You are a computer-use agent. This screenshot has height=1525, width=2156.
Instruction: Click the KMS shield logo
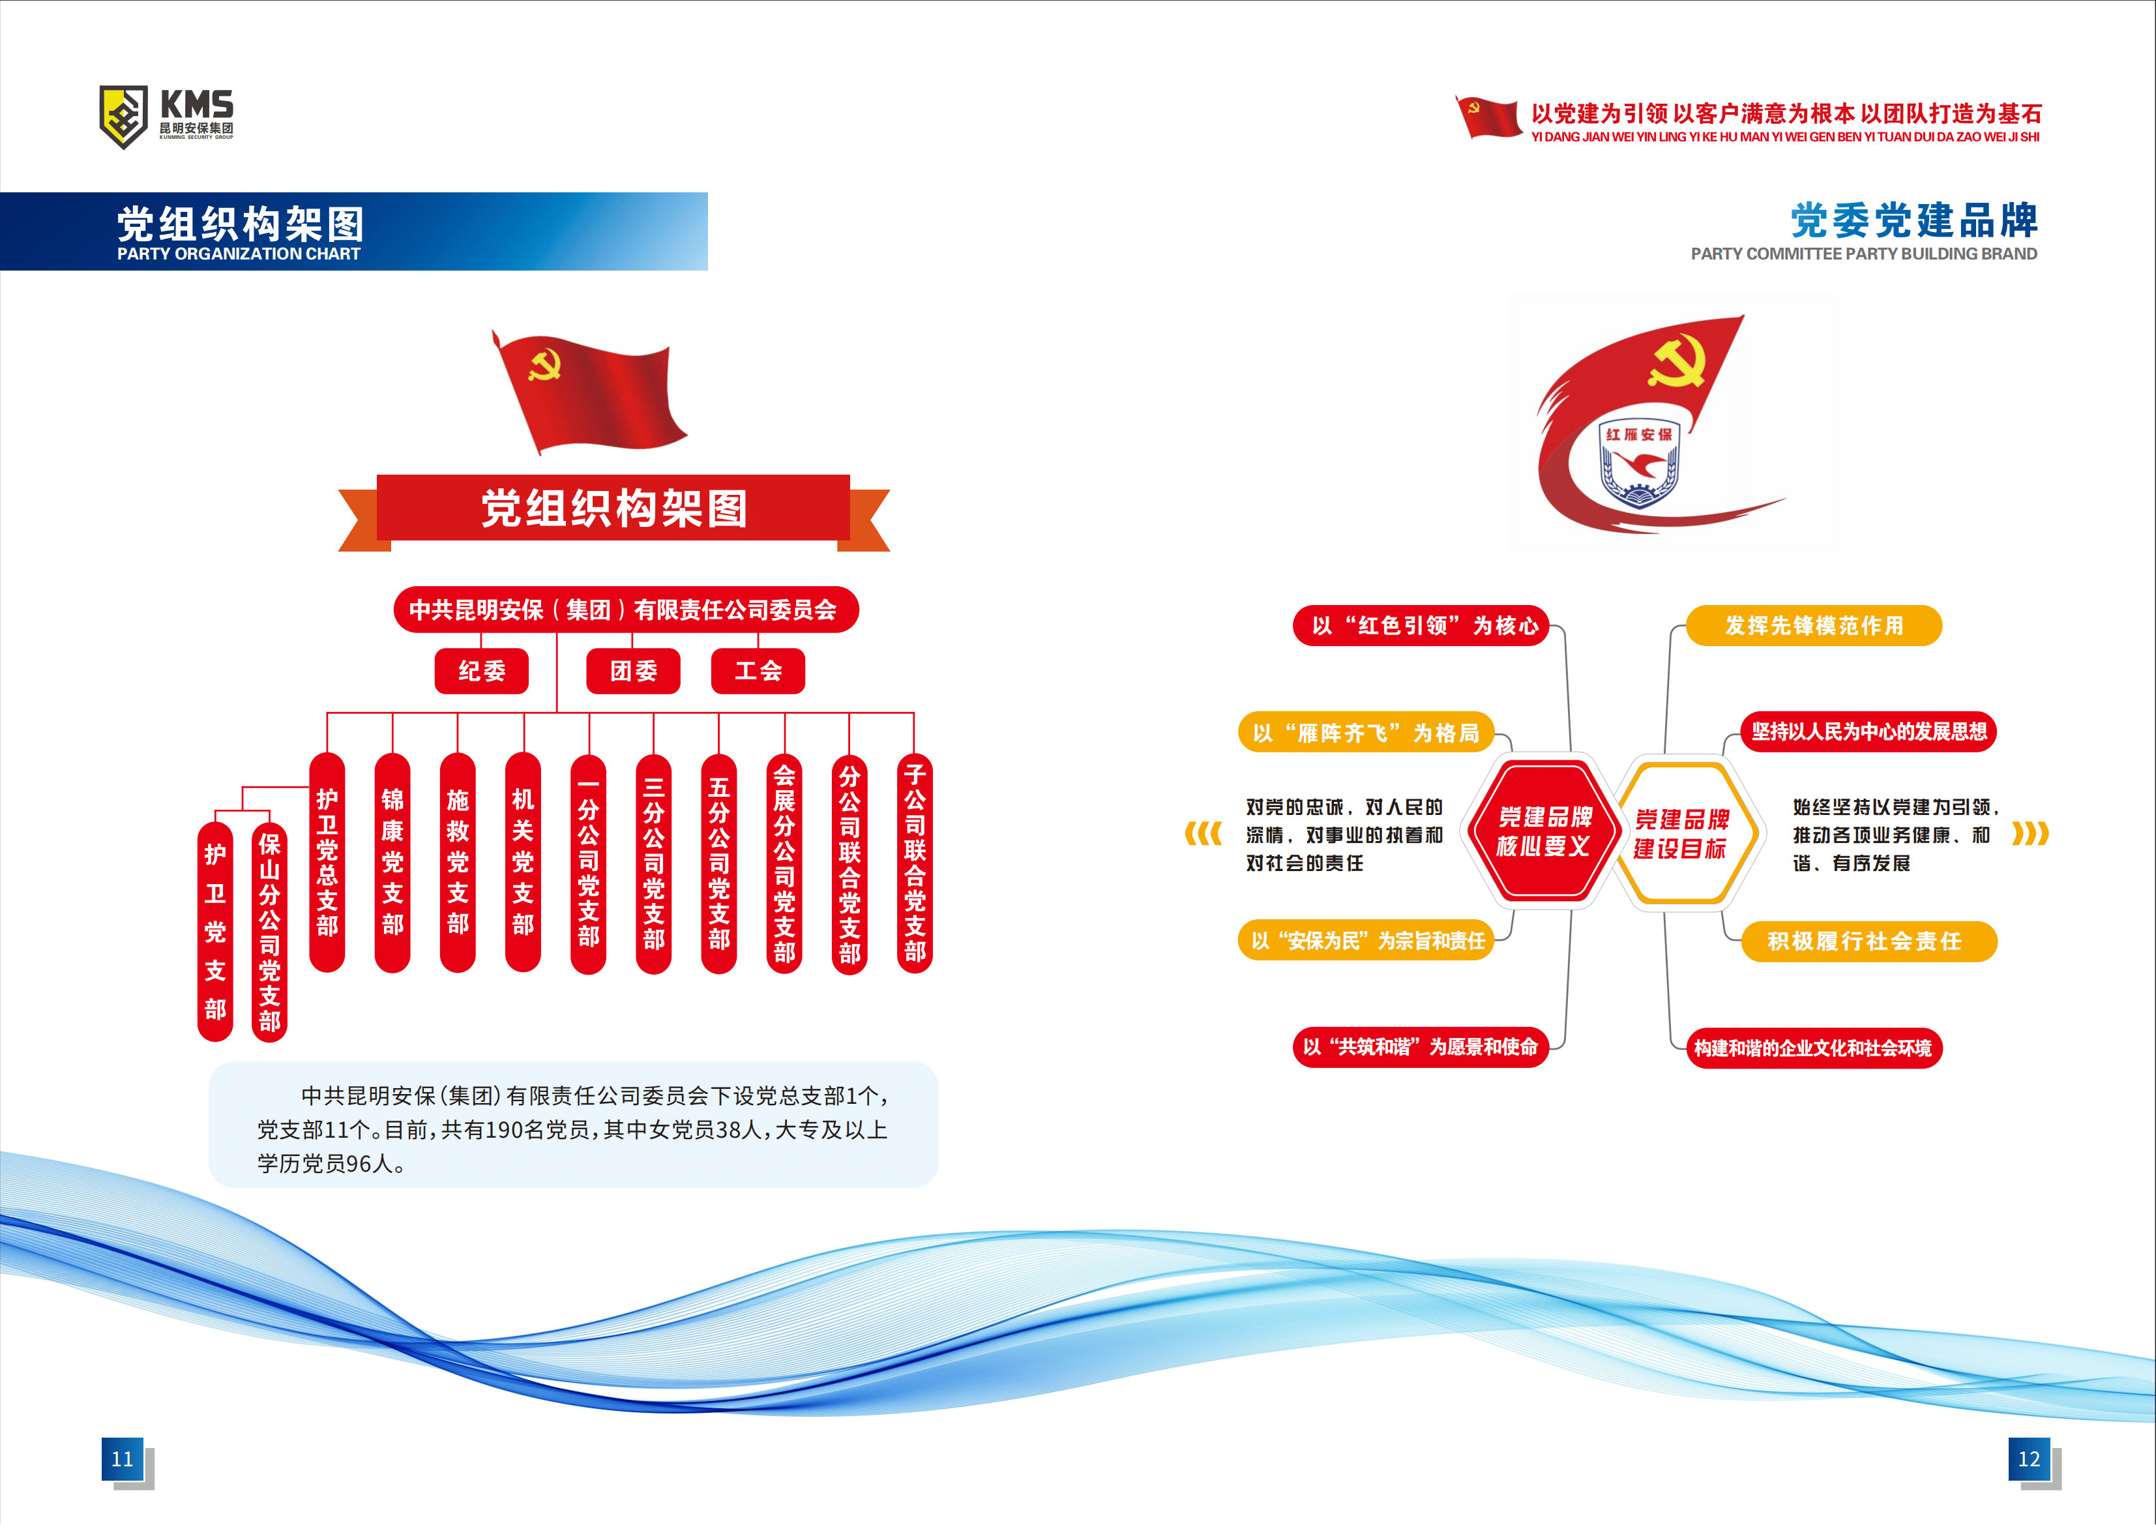(x=123, y=117)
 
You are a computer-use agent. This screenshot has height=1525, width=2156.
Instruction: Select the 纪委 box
(x=482, y=670)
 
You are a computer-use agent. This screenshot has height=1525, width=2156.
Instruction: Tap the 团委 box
(x=633, y=670)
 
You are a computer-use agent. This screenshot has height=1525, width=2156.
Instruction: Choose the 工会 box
(x=758, y=670)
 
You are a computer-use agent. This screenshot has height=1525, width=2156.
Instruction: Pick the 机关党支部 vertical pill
(x=523, y=862)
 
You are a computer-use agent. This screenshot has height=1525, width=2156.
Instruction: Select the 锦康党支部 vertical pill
(x=392, y=862)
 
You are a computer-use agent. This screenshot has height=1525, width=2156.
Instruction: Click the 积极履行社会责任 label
(x=1868, y=941)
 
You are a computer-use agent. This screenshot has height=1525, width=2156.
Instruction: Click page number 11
(x=123, y=1459)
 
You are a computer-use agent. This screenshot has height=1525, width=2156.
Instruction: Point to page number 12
(x=2030, y=1459)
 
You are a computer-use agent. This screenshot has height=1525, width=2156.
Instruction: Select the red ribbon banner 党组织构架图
(x=614, y=510)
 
